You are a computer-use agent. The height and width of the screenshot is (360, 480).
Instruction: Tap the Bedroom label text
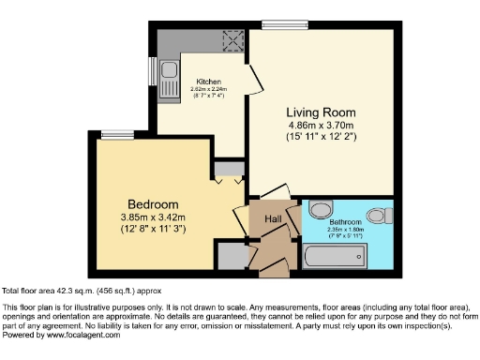tap(153, 204)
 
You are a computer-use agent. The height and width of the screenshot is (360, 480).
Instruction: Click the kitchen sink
tap(169, 71)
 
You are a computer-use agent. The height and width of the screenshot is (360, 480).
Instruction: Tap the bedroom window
tap(117, 135)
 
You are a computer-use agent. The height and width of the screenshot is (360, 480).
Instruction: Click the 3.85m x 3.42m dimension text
tap(153, 217)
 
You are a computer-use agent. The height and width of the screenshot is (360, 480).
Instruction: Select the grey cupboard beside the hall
tap(229, 253)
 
